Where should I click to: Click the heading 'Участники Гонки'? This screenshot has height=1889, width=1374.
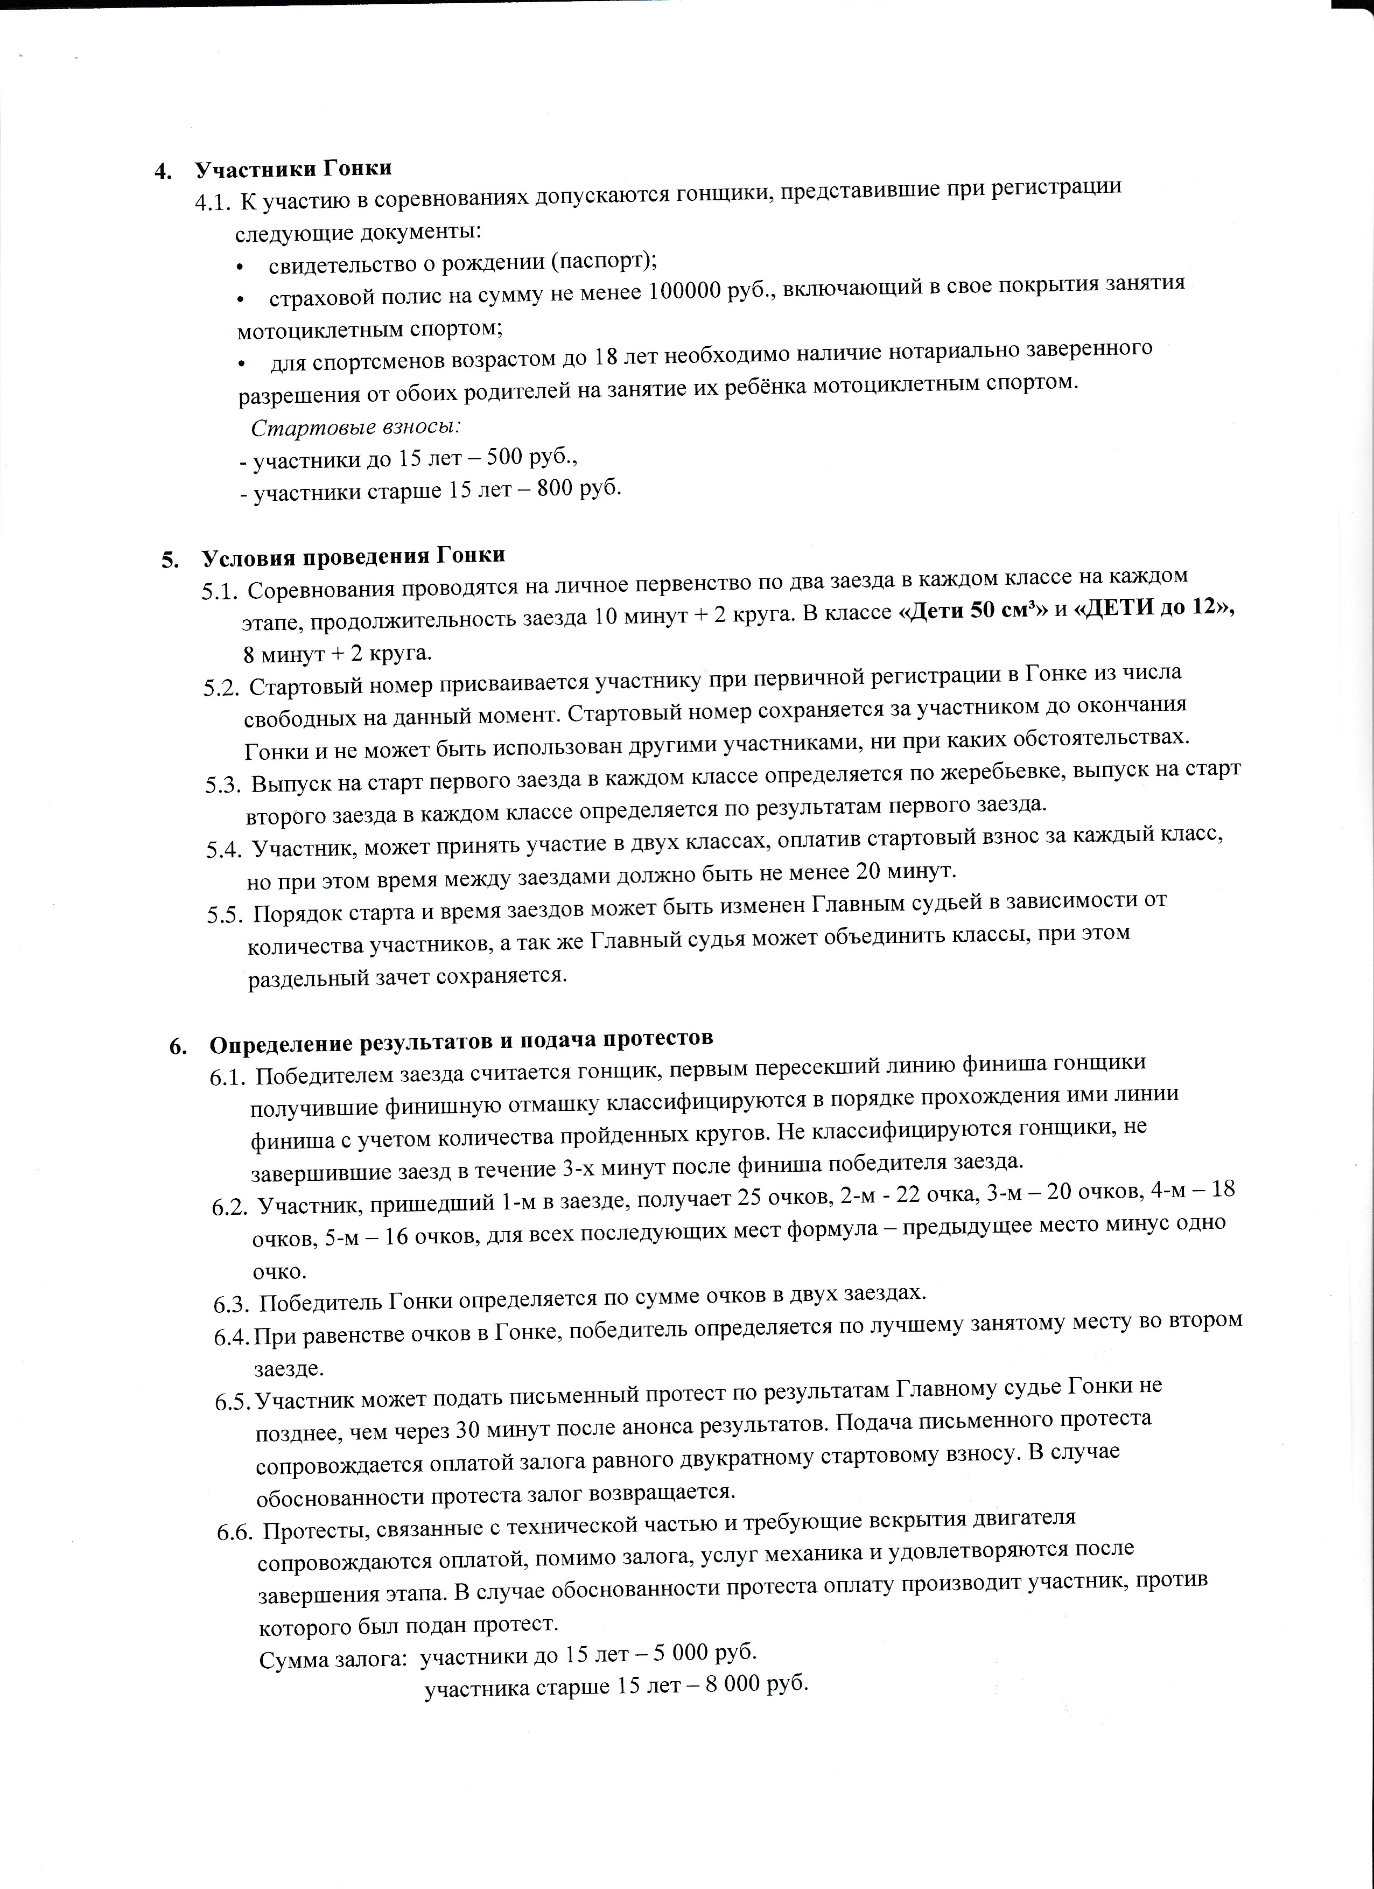292,168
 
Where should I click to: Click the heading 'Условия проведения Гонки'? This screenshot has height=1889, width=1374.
353,556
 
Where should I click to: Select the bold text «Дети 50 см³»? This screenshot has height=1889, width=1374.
971,610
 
